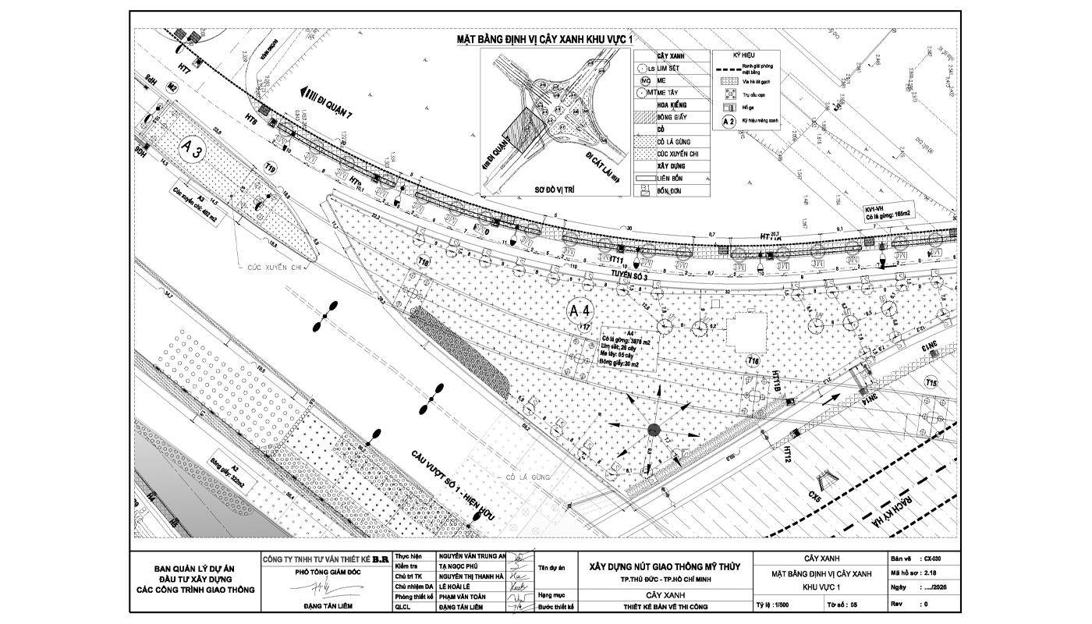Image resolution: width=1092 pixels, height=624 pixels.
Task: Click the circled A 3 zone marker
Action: (193, 151)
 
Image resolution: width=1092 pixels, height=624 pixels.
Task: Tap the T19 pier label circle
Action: (271, 168)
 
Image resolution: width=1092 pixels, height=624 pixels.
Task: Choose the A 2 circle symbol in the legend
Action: (729, 122)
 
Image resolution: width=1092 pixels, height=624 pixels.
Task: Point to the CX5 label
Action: (816, 494)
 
